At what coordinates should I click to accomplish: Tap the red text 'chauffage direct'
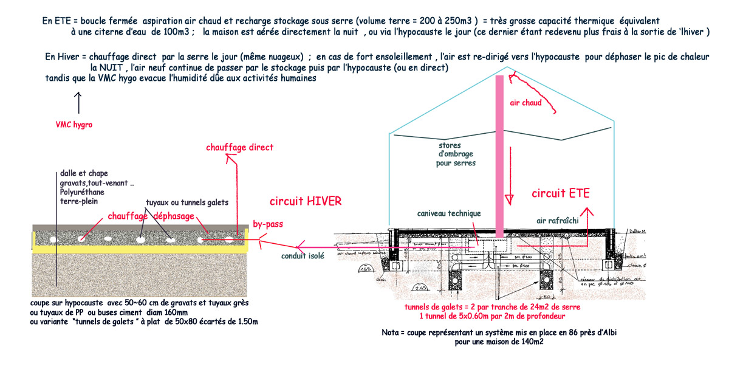pos(239,148)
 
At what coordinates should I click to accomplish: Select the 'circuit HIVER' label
pos(306,201)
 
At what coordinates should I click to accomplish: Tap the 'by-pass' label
pos(268,224)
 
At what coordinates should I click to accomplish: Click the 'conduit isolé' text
pos(303,256)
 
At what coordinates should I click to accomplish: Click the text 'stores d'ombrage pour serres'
pos(456,154)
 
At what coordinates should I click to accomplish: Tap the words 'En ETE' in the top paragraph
pos(55,20)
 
